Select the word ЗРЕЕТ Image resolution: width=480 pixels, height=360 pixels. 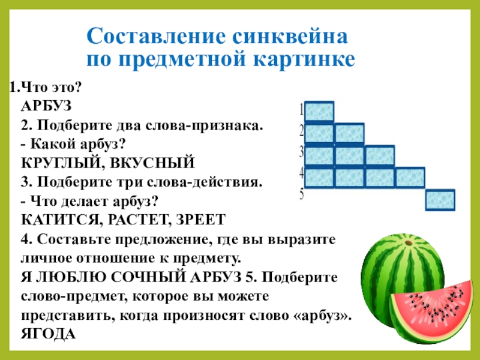[x=201, y=218]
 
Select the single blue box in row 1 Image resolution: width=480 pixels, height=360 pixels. [x=320, y=112]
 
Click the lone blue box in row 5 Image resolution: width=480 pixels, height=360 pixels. [x=440, y=200]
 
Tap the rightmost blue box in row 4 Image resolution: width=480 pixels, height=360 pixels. [x=410, y=178]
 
